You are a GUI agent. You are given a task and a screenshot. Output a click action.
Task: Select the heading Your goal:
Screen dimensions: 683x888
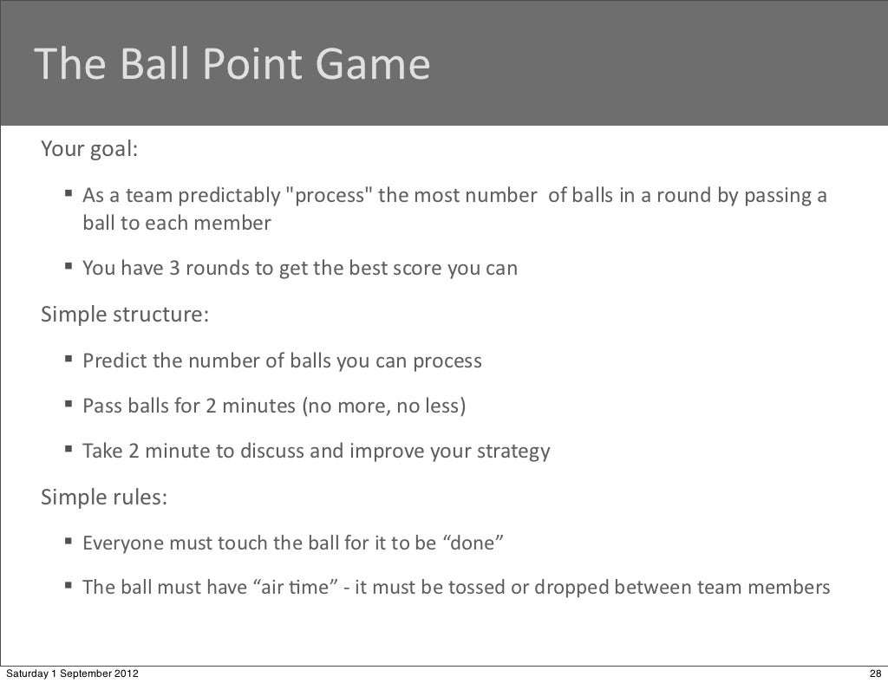(89, 149)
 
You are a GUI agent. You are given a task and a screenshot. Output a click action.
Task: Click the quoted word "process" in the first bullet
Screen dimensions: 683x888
(329, 195)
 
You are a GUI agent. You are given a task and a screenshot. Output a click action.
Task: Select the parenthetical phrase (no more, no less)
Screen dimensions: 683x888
(383, 406)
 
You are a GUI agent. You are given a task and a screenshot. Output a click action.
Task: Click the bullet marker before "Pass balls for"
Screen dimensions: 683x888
(68, 405)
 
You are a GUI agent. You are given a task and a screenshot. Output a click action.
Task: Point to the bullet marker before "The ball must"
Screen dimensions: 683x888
(68, 587)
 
